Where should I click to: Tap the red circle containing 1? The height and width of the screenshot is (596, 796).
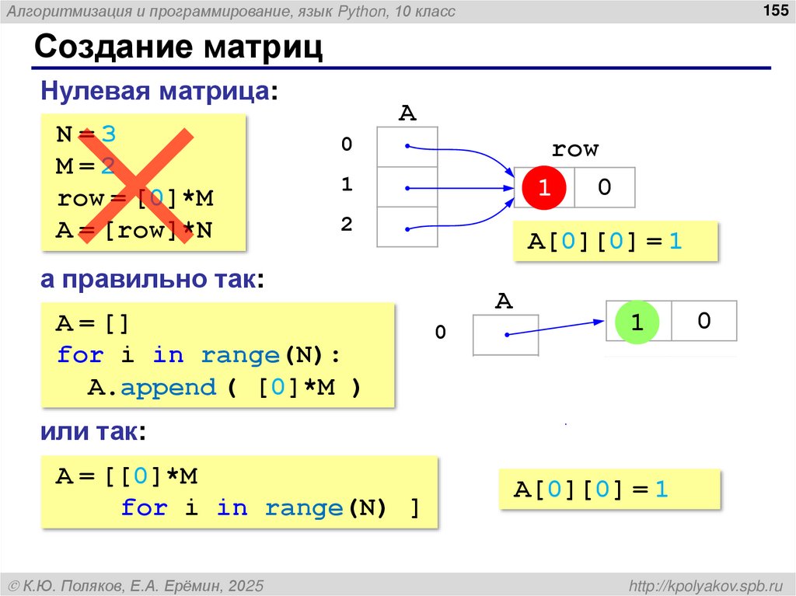click(x=544, y=187)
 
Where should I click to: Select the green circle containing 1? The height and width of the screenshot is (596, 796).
click(x=637, y=321)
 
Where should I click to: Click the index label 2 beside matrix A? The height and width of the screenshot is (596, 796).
click(x=347, y=225)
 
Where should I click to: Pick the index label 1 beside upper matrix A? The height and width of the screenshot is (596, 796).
click(x=347, y=185)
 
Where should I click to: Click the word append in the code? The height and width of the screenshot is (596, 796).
click(x=168, y=387)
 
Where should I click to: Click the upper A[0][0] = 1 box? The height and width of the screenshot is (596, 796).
click(x=606, y=242)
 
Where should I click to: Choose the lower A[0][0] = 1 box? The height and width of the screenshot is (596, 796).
click(x=592, y=490)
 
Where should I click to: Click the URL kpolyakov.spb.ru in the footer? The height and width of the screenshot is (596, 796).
click(x=706, y=584)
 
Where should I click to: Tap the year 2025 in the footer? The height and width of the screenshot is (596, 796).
click(x=246, y=584)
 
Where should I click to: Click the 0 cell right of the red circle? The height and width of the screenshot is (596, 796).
click(x=604, y=187)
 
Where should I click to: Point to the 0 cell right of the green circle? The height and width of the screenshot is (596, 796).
click(x=703, y=321)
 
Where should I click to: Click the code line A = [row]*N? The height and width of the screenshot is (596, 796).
click(x=134, y=231)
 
